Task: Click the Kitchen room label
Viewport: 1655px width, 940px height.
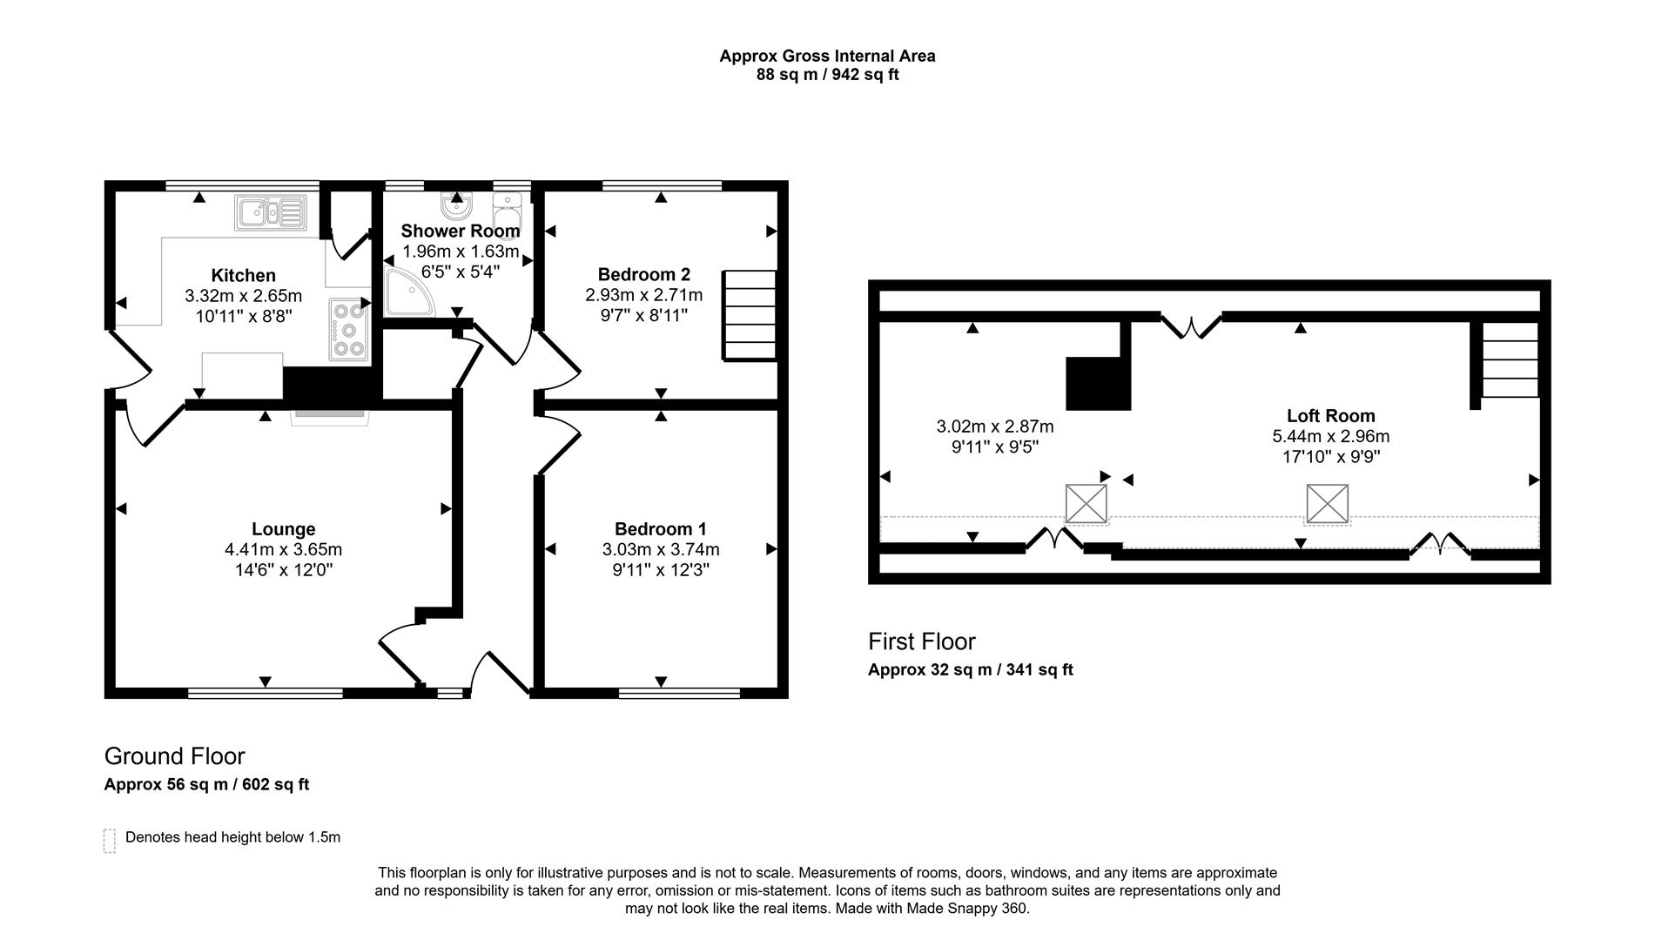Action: (243, 276)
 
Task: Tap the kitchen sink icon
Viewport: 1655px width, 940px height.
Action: (270, 212)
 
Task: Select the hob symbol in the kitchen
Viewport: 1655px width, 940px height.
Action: (348, 329)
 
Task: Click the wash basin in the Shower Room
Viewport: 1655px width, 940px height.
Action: (456, 205)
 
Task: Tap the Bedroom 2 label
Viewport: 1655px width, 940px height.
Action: (643, 274)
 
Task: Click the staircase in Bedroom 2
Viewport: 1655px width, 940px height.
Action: (749, 314)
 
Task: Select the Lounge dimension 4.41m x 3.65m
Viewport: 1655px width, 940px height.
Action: (283, 549)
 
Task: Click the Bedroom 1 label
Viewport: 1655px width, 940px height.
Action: (660, 528)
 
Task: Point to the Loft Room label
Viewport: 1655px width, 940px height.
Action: (1330, 415)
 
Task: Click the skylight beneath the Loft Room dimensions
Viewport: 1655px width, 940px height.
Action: (1326, 504)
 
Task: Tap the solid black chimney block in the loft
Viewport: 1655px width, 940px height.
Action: (1098, 383)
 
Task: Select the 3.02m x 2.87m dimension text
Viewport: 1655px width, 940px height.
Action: (994, 426)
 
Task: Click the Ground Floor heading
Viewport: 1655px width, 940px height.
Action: (174, 755)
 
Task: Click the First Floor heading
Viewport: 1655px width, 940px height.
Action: (921, 641)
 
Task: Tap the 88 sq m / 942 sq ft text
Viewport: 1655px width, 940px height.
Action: (827, 75)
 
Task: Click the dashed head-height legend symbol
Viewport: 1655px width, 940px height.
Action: (110, 840)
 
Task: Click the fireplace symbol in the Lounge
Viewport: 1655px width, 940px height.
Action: (329, 415)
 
